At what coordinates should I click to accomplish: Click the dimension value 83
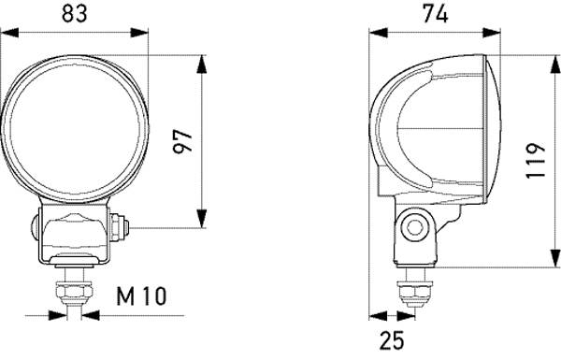pos(74,14)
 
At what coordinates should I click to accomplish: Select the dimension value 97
pos(183,140)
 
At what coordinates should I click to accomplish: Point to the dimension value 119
pos(533,161)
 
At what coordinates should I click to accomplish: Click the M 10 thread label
pos(141,297)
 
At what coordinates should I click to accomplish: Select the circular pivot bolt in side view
pos(413,224)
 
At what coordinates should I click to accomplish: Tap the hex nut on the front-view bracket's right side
pos(120,226)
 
